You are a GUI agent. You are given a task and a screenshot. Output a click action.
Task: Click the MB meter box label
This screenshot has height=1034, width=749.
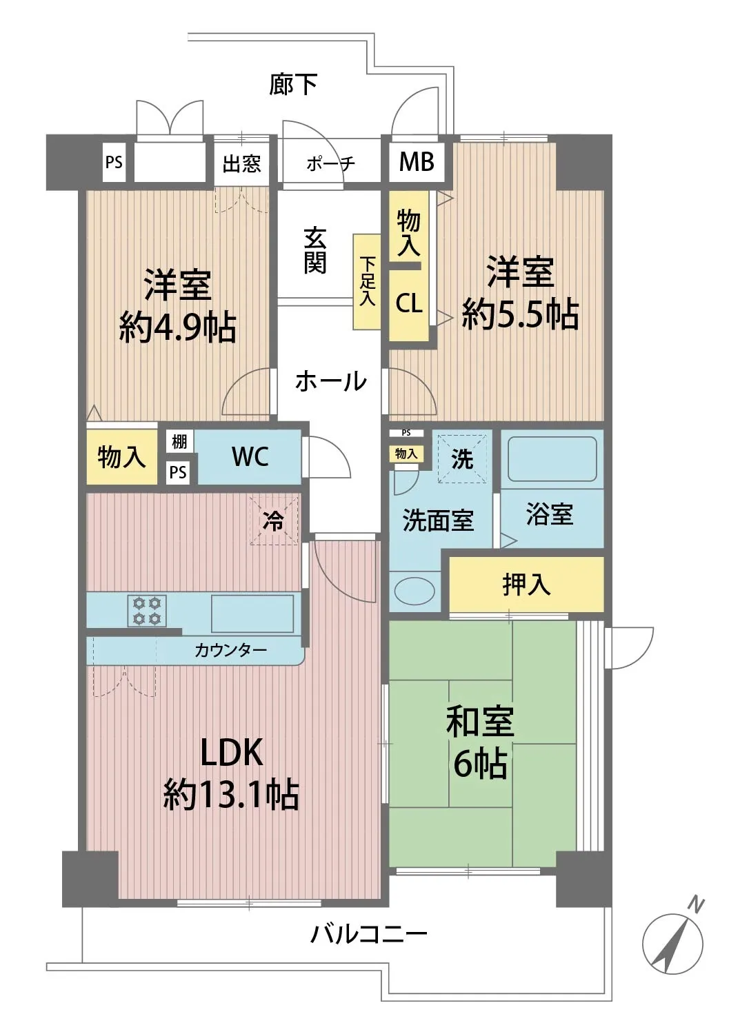pyautogui.click(x=417, y=161)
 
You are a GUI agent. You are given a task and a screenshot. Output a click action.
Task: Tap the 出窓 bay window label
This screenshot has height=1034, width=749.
pyautogui.click(x=241, y=163)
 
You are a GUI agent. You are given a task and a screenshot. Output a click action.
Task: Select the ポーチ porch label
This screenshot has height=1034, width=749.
pyautogui.click(x=330, y=163)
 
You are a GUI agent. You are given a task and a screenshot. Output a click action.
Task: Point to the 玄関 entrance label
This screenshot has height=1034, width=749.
pyautogui.click(x=315, y=251)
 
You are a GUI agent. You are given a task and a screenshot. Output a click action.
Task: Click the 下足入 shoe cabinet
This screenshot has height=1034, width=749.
pyautogui.click(x=367, y=281)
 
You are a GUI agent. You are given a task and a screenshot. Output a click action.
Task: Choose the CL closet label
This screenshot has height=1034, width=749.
pyautogui.click(x=409, y=303)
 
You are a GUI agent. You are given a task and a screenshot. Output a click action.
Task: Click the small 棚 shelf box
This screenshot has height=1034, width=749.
pyautogui.click(x=179, y=442)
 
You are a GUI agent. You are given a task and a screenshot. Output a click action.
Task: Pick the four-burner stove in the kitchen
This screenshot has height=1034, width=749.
pyautogui.click(x=147, y=611)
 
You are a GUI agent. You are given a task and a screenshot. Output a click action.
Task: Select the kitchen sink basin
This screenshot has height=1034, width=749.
pyautogui.click(x=252, y=614)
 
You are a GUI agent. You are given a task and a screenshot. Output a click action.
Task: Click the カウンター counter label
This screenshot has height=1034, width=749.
pyautogui.click(x=230, y=651)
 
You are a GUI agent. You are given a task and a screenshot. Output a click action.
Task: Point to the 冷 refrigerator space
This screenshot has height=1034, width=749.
pyautogui.click(x=274, y=520)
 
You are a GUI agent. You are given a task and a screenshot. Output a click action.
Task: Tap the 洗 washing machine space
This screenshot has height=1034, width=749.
pyautogui.click(x=462, y=458)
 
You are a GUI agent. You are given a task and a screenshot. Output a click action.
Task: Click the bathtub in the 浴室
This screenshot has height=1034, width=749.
pyautogui.click(x=552, y=459)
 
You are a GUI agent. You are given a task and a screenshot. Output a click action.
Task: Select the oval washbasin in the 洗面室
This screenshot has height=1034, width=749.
pyautogui.click(x=415, y=591)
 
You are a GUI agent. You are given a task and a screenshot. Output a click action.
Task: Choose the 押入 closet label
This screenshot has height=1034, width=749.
pyautogui.click(x=526, y=585)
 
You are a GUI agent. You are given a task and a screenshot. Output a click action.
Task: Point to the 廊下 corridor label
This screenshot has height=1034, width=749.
pyautogui.click(x=293, y=85)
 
